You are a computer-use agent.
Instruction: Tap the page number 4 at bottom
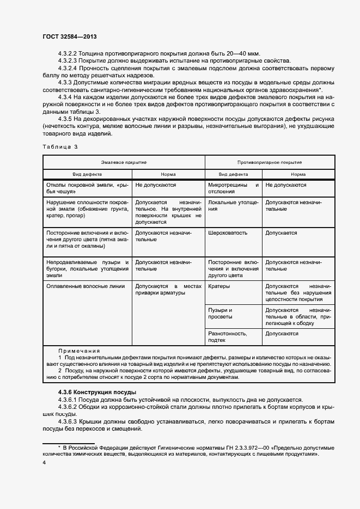pyautogui.click(x=44, y=462)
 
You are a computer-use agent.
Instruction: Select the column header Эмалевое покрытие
pyautogui.click(x=124, y=162)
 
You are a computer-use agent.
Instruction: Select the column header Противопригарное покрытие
pyautogui.click(x=270, y=162)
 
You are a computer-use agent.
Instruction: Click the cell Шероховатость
pyautogui.click(x=228, y=232)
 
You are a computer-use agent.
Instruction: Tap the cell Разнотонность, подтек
pyautogui.click(x=228, y=336)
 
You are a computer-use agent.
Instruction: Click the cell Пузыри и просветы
pyautogui.click(x=221, y=313)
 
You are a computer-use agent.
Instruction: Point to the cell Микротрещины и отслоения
pyautogui.click(x=233, y=188)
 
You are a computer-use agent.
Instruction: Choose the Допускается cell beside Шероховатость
pyautogui.click(x=281, y=232)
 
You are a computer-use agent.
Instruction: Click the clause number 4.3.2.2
pyautogui.click(x=68, y=53)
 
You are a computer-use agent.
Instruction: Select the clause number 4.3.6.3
pyautogui.click(x=68, y=421)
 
